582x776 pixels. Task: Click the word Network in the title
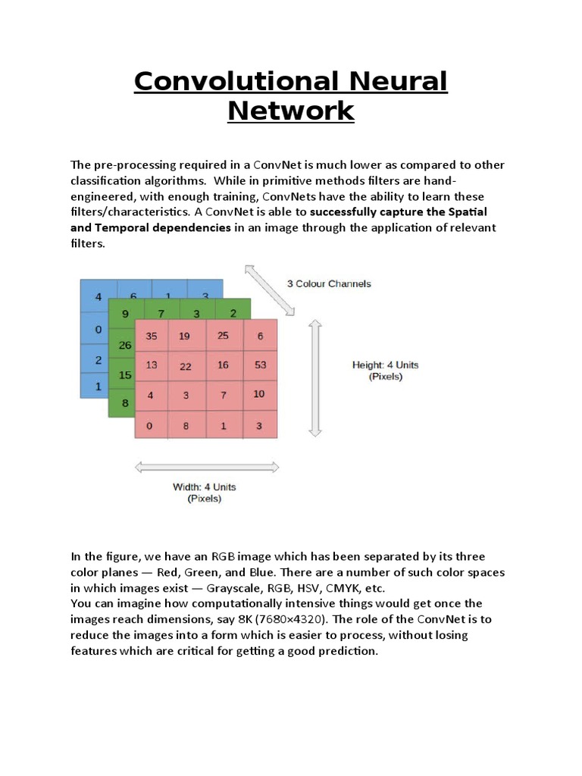[291, 111]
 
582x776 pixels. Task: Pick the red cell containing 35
[152, 336]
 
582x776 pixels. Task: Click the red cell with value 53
[260, 365]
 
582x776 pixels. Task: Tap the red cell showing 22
[186, 366]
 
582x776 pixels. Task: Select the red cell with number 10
[259, 394]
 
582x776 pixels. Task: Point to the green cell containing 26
[125, 346]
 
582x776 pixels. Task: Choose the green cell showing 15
[125, 374]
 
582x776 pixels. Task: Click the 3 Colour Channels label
[329, 284]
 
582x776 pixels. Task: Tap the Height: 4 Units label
[385, 365]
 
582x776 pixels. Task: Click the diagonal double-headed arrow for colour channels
[269, 289]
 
